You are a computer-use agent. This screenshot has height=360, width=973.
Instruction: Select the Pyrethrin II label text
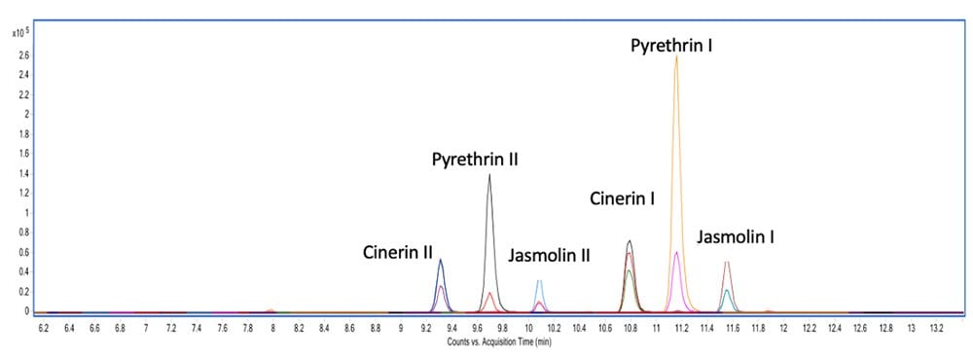coord(475,159)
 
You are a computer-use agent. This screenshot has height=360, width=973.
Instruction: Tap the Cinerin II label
coord(398,253)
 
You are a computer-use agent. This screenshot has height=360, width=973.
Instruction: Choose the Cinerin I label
coord(623,199)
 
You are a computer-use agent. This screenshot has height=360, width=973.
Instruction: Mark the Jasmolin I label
coord(735,236)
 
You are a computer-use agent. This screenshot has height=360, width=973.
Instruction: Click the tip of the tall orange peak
coord(676,56)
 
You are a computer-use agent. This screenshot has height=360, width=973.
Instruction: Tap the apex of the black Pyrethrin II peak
coord(488,175)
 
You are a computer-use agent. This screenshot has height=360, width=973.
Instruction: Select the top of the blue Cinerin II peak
coord(441,260)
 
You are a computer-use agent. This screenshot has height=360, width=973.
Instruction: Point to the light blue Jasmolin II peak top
coord(539,281)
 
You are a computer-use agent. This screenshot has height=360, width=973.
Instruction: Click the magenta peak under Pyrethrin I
coord(676,253)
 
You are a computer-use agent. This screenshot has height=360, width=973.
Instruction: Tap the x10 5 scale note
coord(18,32)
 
